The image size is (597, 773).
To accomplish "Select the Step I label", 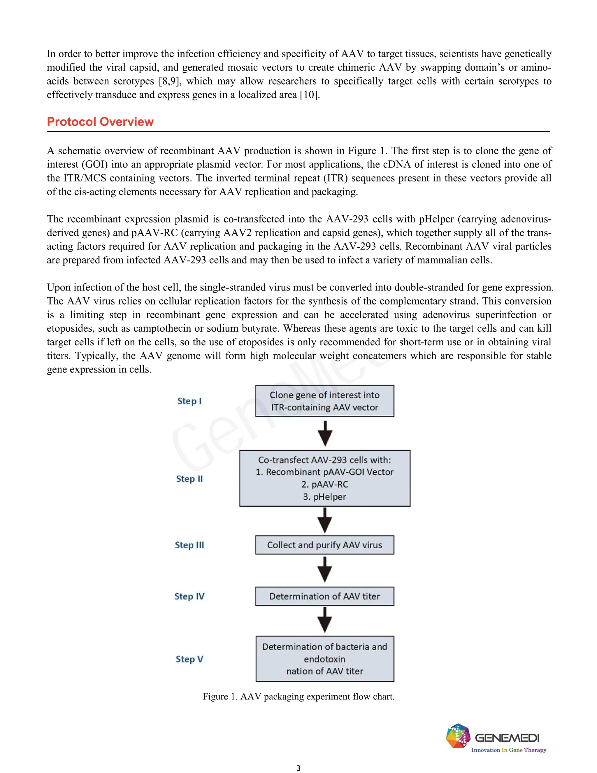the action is click(189, 401).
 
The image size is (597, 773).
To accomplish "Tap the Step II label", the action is click(189, 479).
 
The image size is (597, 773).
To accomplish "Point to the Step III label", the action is click(189, 545).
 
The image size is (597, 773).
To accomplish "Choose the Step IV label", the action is click(189, 597).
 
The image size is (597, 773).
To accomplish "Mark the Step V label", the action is click(189, 659).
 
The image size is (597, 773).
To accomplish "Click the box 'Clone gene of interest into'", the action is click(324, 401).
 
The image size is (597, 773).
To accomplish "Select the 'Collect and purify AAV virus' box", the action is click(324, 545).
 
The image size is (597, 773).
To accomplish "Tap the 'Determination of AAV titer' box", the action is click(324, 597).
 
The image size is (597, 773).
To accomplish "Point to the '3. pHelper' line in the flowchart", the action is click(324, 497).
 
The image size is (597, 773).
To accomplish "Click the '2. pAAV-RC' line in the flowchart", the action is click(324, 485).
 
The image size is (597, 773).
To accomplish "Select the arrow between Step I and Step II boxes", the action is click(325, 433).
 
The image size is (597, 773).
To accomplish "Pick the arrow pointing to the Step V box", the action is click(325, 620).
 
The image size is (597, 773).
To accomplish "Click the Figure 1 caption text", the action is click(298, 697).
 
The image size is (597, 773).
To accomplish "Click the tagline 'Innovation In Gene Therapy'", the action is click(509, 750).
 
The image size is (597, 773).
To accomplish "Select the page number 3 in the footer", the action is click(298, 768).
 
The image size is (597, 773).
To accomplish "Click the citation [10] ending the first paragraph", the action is click(309, 95).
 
